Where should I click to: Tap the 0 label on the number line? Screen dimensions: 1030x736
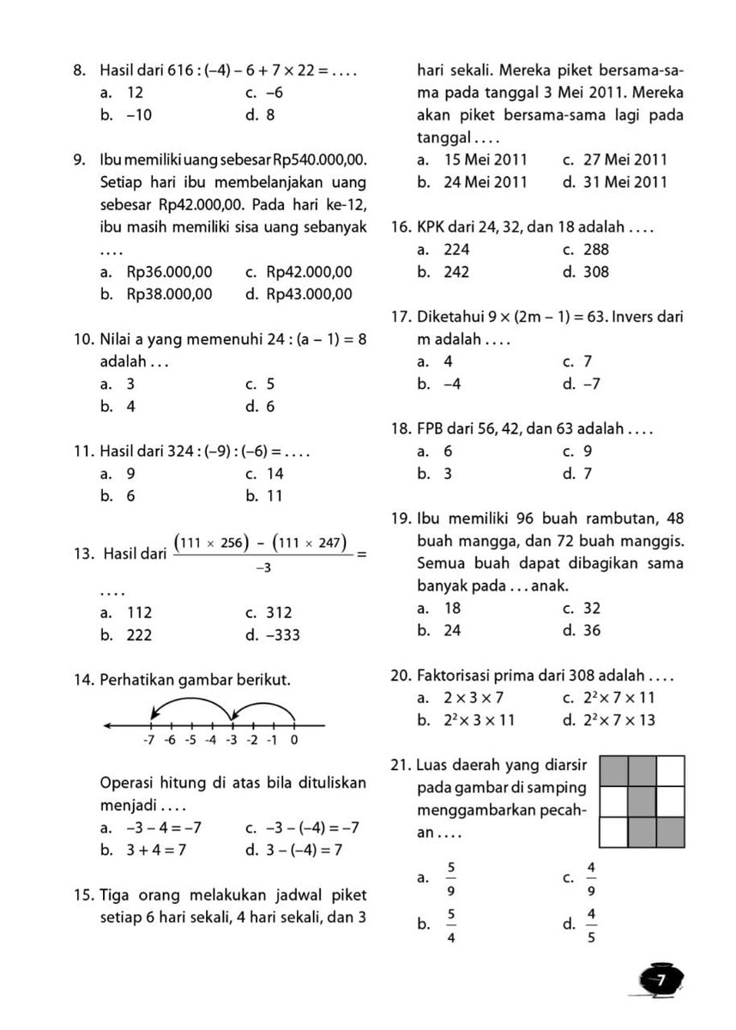(x=294, y=740)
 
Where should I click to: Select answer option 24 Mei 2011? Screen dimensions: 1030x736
(x=485, y=182)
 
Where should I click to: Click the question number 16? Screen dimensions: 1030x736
(x=401, y=227)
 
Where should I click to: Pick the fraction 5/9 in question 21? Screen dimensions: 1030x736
(x=451, y=877)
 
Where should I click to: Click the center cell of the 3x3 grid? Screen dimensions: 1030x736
(x=642, y=802)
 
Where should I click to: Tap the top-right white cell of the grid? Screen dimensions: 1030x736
(x=671, y=770)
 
